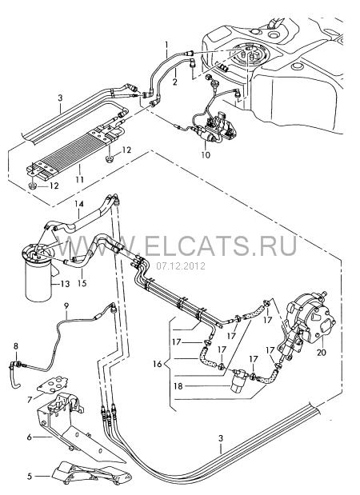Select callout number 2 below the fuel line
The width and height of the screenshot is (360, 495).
coord(174,82)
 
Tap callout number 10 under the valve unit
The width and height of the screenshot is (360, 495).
coord(206,154)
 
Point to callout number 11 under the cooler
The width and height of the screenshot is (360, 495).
coord(79,179)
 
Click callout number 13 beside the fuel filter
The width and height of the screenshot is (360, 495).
coord(66,284)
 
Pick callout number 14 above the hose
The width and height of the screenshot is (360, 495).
coord(79,204)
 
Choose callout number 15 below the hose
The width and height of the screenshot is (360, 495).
coord(82,283)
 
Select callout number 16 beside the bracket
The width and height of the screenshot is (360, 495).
coord(158,364)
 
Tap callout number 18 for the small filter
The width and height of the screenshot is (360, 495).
coord(178,385)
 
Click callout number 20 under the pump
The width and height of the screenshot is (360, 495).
coord(321,352)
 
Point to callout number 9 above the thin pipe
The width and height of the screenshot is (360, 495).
coord(66,305)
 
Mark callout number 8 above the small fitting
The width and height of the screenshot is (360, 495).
coord(16,346)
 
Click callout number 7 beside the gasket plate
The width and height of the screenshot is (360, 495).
coord(30,400)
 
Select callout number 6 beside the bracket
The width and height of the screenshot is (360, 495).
coord(30,437)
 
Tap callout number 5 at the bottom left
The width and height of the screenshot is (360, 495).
coord(30,476)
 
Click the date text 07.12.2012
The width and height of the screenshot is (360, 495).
coord(181,266)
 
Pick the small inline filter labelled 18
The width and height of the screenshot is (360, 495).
coord(239,381)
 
